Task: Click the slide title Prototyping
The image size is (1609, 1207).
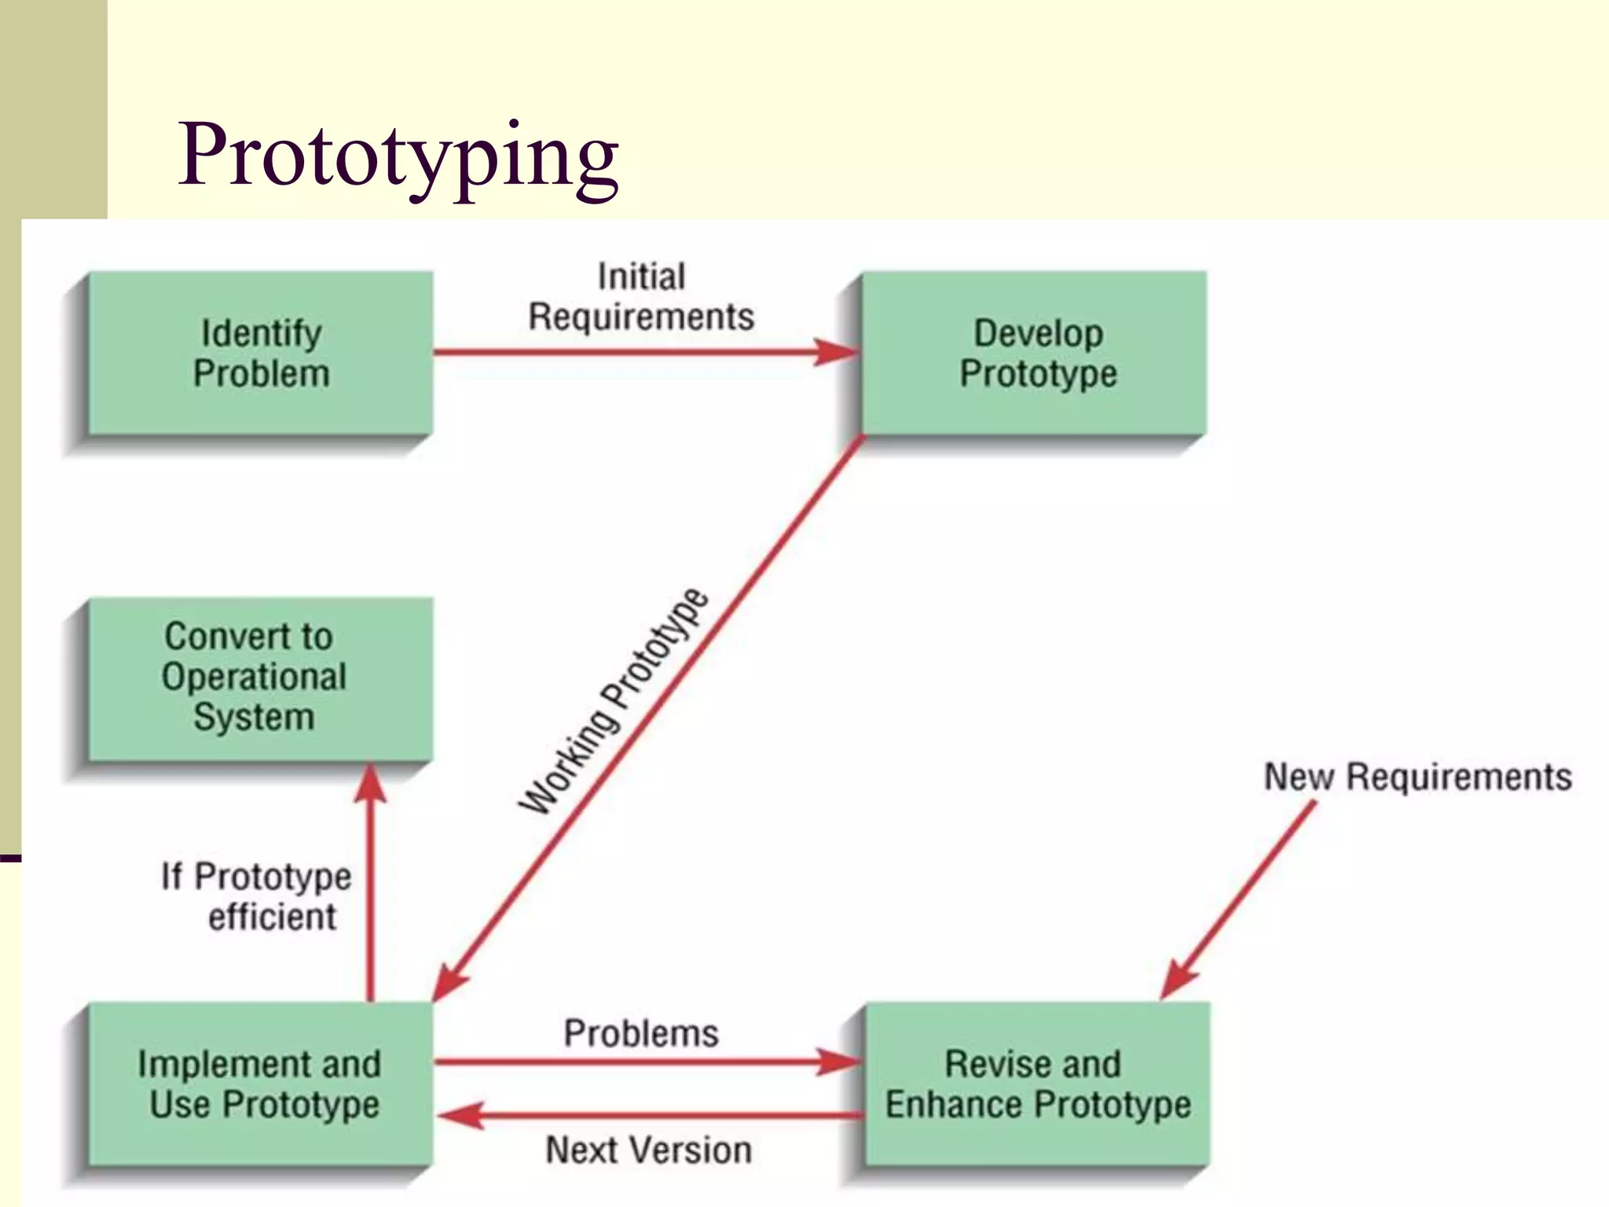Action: tap(398, 155)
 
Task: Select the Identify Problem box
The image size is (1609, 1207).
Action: tap(261, 353)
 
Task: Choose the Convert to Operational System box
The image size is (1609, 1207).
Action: tap(255, 677)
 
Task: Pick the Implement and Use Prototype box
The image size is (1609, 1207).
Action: tap(259, 1084)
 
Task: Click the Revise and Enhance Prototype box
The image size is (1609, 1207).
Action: tap(1037, 1084)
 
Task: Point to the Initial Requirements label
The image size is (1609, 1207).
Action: tap(641, 297)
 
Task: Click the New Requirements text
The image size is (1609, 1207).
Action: tap(1417, 776)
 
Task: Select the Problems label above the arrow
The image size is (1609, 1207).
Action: tap(641, 1033)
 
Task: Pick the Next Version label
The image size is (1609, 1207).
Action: tap(649, 1150)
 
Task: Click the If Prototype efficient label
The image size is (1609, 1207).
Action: tap(258, 896)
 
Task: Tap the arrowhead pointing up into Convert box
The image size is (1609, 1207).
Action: tap(370, 783)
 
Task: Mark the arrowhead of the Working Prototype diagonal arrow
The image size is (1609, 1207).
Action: tap(449, 982)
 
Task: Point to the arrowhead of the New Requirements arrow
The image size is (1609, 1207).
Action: tap(1178, 980)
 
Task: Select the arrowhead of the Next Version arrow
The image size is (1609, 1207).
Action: tap(460, 1115)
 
